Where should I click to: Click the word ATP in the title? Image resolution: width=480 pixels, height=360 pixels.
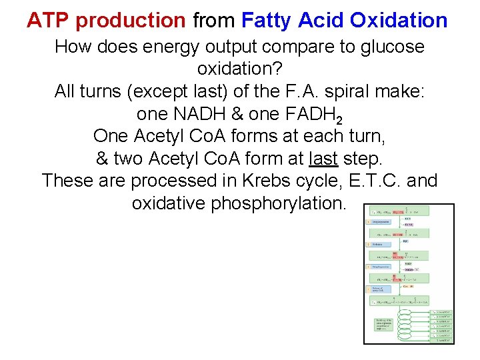(x=49, y=21)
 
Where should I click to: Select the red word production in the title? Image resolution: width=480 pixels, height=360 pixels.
(x=131, y=21)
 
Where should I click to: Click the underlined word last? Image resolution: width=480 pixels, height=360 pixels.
(x=324, y=159)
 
